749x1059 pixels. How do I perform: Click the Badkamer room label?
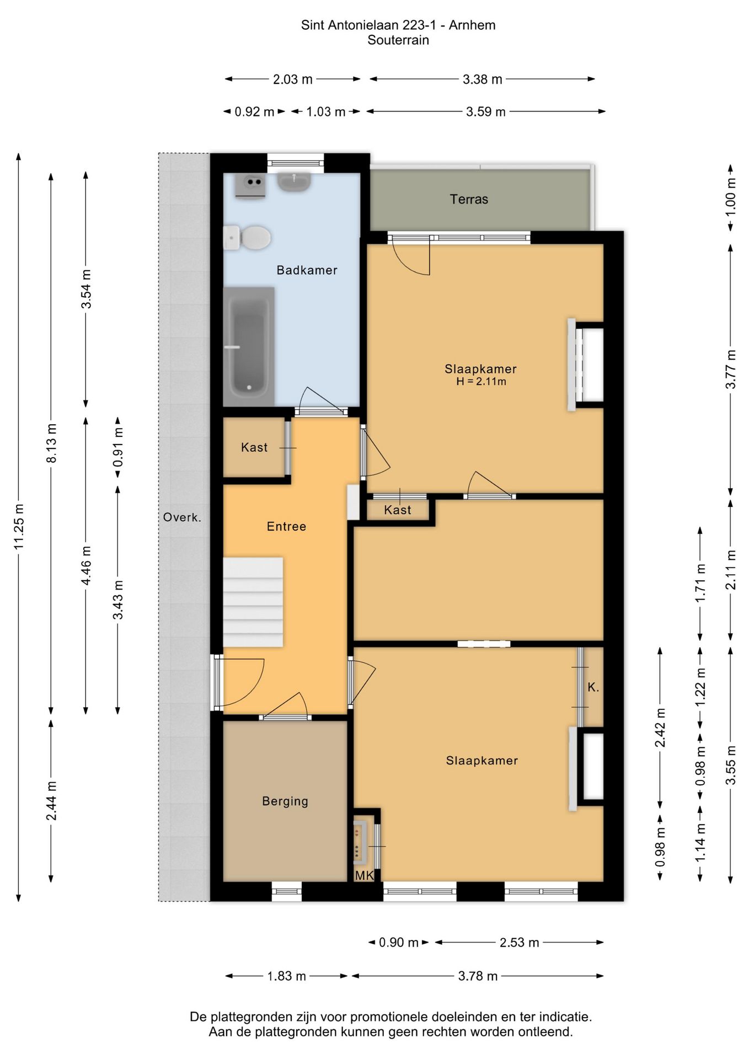[x=307, y=270]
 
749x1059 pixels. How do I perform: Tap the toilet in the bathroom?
[x=247, y=237]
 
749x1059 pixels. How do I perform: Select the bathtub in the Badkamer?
[x=249, y=346]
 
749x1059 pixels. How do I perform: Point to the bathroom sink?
[x=294, y=182]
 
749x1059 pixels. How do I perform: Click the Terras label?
[x=469, y=199]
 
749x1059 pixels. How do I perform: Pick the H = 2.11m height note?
[x=481, y=382]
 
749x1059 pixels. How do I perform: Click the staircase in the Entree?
[x=253, y=602]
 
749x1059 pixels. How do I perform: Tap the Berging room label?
[x=285, y=801]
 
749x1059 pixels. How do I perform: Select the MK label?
[x=365, y=876]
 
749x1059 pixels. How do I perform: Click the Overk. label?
[x=182, y=517]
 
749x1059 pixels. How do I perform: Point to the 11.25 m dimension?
[x=19, y=527]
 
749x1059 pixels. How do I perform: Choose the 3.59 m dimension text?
[x=486, y=112]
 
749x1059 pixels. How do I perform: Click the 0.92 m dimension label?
[x=254, y=112]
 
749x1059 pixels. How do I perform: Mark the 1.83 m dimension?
[x=287, y=976]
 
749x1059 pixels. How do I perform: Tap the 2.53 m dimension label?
[x=520, y=943]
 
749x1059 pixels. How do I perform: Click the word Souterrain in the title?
[x=398, y=40]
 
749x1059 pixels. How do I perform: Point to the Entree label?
[x=286, y=527]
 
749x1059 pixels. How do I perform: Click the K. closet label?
[x=593, y=687]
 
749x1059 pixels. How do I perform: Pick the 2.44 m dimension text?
[x=51, y=801]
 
